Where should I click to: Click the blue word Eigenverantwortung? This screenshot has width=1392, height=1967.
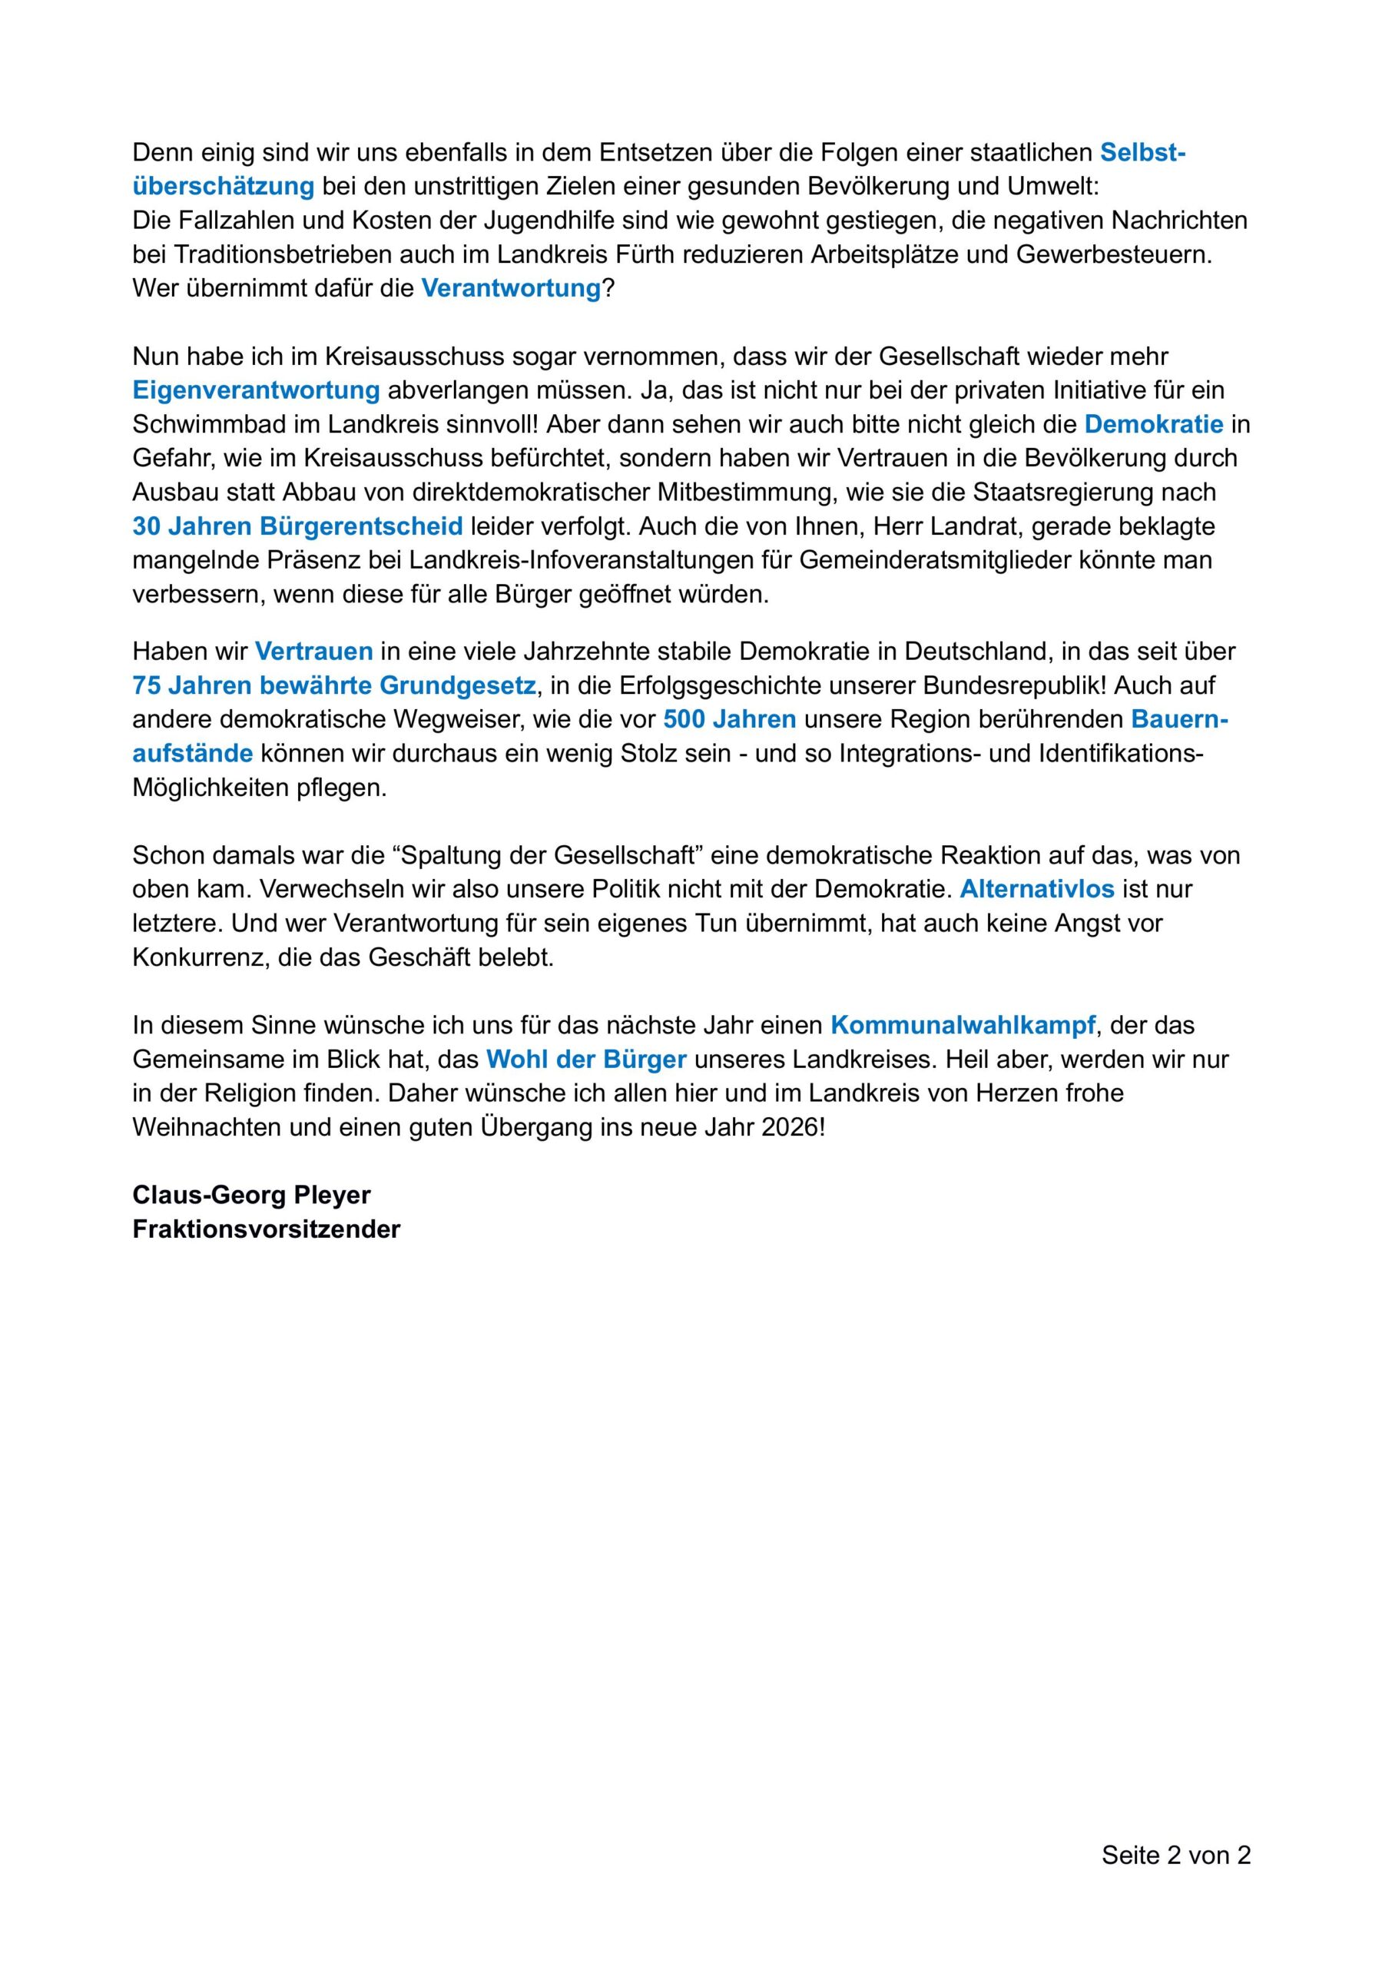(x=255, y=391)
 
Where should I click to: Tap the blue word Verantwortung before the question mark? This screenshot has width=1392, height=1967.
(x=511, y=288)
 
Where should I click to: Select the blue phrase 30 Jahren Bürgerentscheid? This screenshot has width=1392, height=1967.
(x=297, y=526)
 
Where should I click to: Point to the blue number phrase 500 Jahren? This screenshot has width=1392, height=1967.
(x=730, y=719)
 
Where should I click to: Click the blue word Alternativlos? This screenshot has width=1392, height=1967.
(x=1036, y=889)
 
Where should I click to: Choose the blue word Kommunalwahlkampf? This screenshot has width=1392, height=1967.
(x=963, y=1025)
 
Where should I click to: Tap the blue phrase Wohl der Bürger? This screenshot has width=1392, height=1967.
(x=586, y=1060)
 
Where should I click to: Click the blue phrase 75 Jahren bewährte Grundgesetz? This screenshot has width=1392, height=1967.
(x=334, y=685)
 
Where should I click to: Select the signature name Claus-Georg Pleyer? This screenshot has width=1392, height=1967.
(x=251, y=1195)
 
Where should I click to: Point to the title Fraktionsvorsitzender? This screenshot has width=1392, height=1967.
(x=266, y=1229)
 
